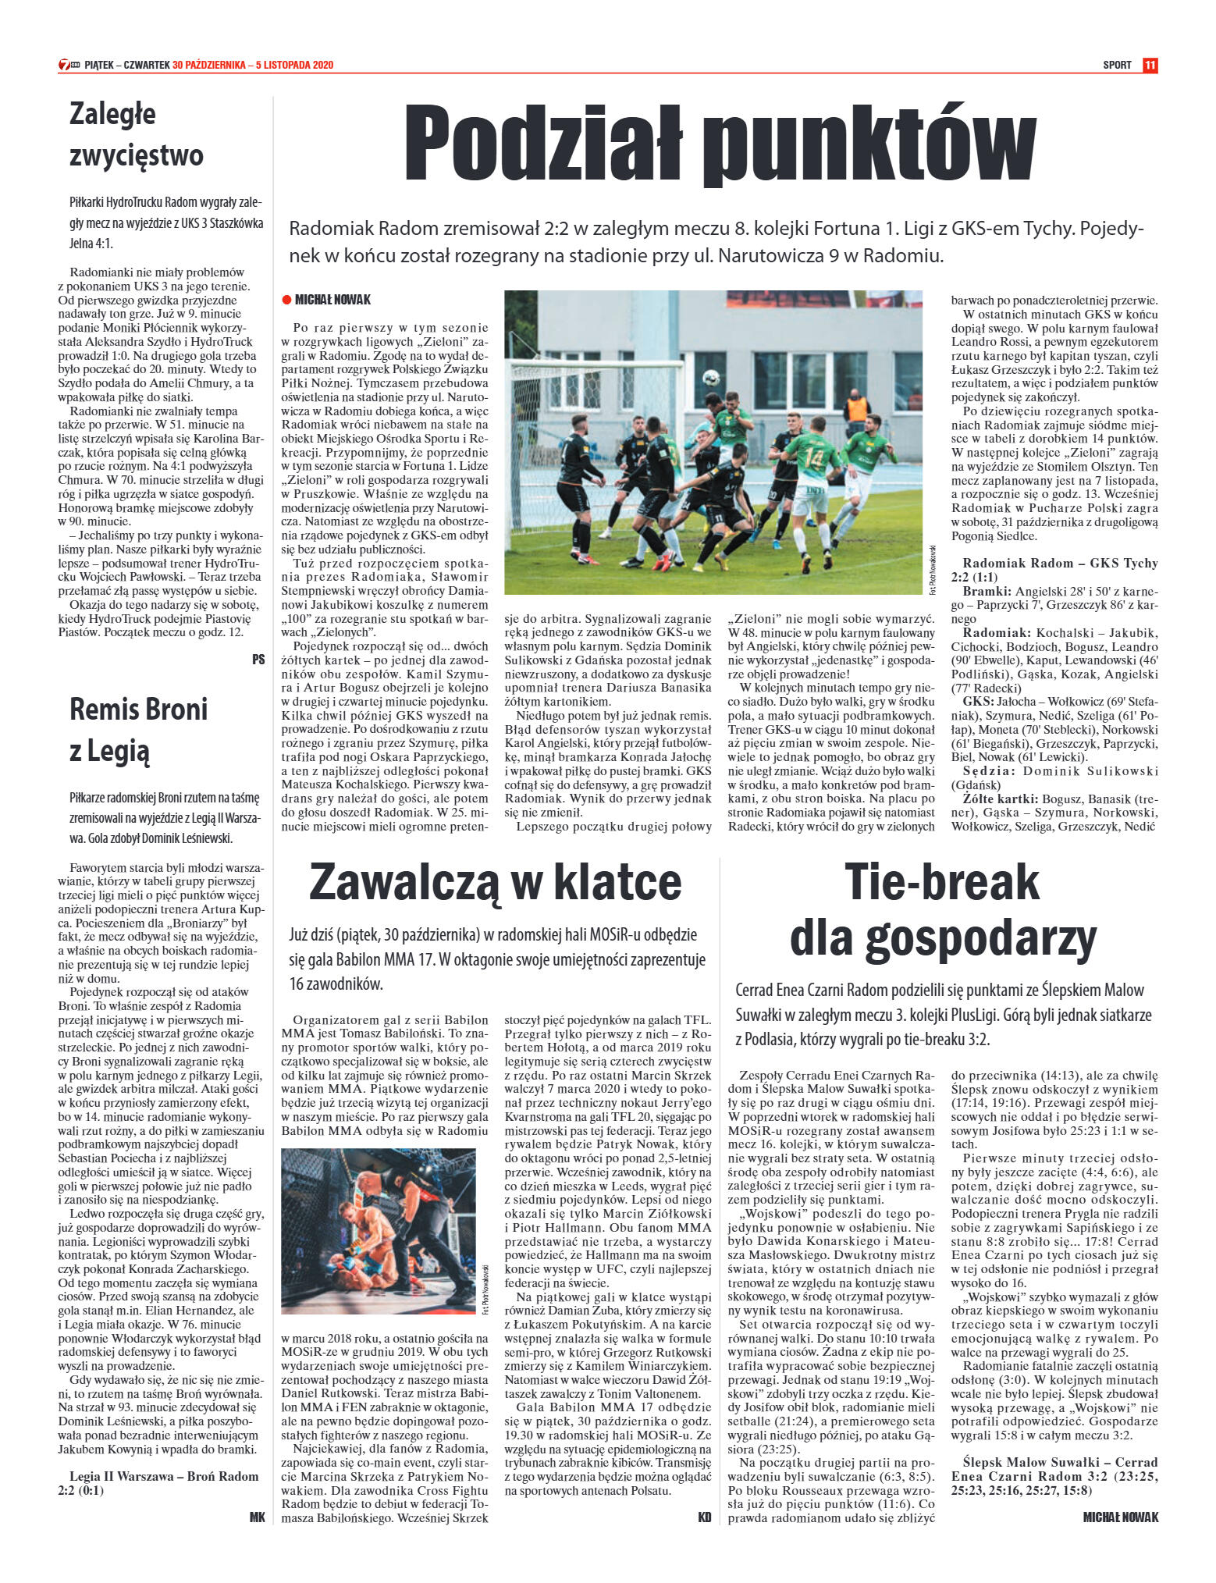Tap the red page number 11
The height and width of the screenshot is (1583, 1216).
point(1150,65)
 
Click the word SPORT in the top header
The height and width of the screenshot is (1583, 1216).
point(1117,65)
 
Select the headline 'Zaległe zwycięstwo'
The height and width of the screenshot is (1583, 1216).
point(136,134)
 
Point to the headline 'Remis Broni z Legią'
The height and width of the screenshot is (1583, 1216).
point(139,729)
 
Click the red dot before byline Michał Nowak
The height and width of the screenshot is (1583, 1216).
point(286,300)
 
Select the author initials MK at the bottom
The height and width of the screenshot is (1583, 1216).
point(257,1539)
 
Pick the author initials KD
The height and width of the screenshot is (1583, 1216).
point(704,1539)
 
